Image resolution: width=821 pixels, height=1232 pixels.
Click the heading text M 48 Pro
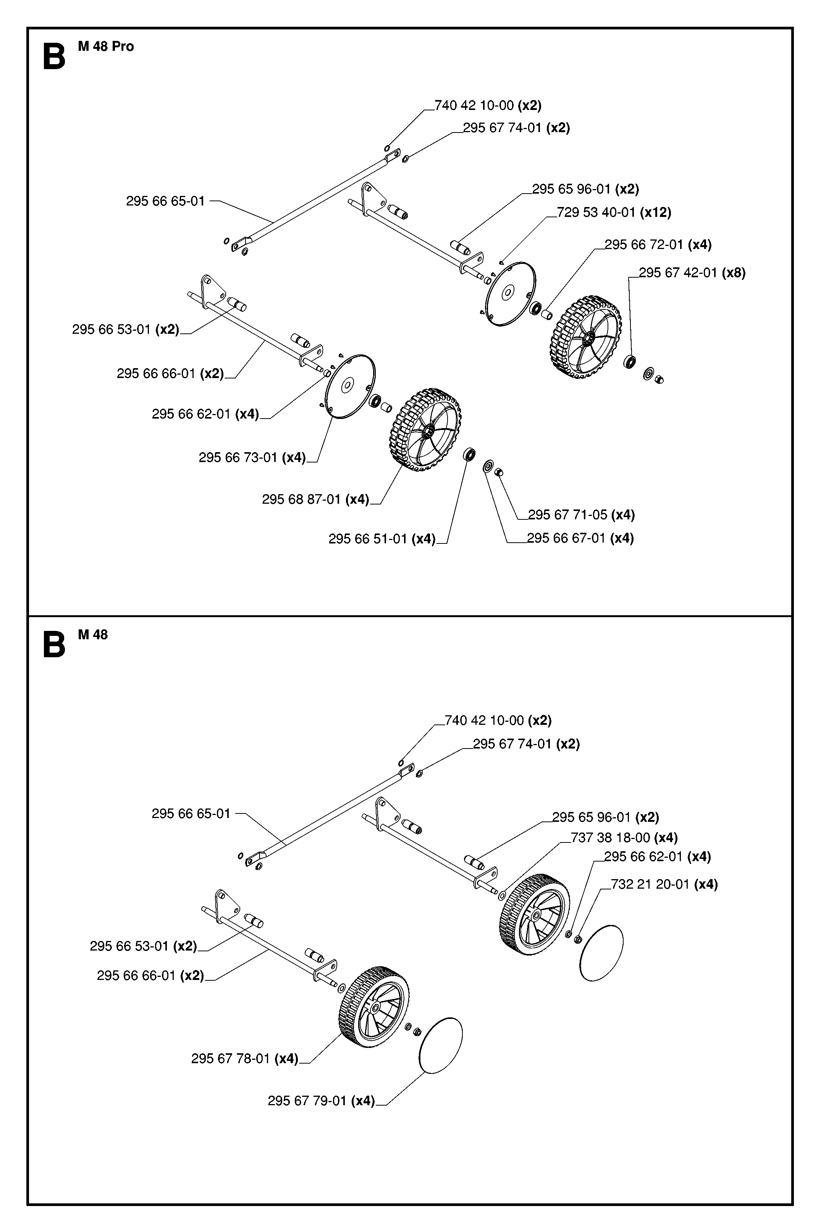point(106,47)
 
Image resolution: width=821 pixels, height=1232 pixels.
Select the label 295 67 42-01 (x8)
point(692,273)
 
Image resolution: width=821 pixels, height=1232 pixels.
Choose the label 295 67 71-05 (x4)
point(581,515)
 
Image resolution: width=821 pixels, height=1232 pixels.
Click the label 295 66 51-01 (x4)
point(382,539)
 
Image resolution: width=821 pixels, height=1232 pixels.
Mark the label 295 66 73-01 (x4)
point(252,458)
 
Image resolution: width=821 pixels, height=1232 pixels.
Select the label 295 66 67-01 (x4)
point(580,538)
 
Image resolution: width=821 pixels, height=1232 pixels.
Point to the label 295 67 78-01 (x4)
point(244,1059)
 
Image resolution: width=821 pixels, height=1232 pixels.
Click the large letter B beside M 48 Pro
point(53,57)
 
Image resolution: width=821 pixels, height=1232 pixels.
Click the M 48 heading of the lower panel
point(93,635)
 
